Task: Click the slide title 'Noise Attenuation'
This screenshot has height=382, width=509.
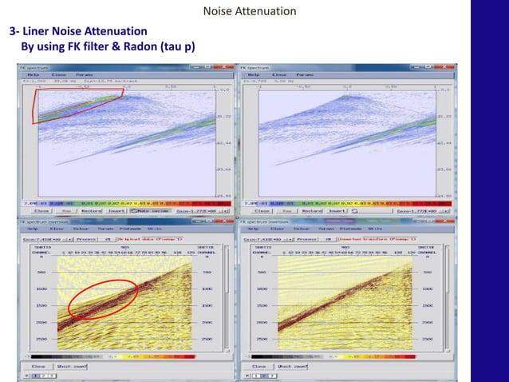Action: pos(250,11)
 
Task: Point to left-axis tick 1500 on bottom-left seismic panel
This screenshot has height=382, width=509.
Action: pos(41,306)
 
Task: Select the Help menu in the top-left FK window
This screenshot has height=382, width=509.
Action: pos(37,74)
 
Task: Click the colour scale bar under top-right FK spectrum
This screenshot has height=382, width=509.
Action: pos(347,203)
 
